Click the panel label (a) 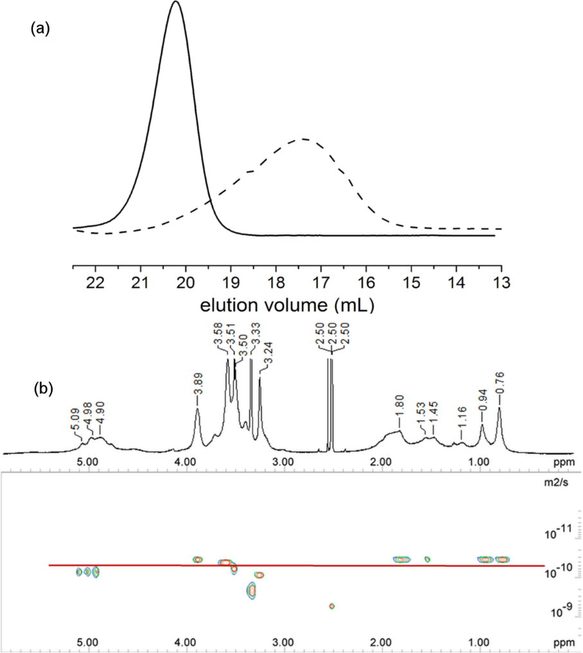pos(40,29)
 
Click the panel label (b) pos(43,389)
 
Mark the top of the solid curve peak pos(175,2)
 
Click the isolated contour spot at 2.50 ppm pos(332,605)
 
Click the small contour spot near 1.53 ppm pos(427,559)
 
